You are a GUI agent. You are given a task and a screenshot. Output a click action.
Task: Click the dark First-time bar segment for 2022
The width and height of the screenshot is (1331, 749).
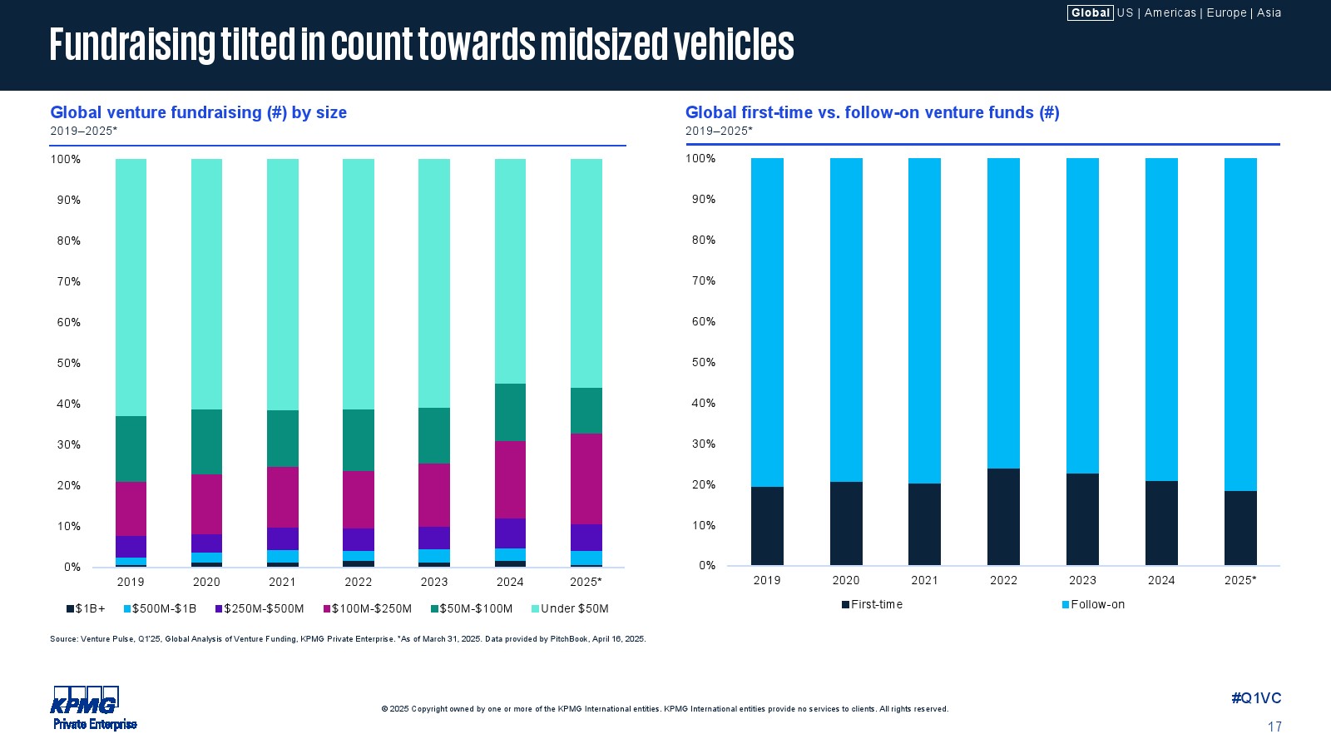pyautogui.click(x=1003, y=517)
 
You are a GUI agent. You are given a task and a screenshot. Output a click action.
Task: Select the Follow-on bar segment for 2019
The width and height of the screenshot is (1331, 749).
pyautogui.click(x=767, y=322)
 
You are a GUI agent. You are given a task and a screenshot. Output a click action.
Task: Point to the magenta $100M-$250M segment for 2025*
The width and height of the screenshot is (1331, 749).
pyautogui.click(x=586, y=479)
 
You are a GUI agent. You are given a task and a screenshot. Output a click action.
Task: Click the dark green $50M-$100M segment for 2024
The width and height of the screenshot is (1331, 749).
pyautogui.click(x=510, y=412)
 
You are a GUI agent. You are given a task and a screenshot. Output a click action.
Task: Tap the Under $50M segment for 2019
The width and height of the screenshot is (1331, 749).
pyautogui.click(x=131, y=287)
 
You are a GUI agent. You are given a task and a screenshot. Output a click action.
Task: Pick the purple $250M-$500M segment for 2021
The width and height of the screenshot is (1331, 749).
pyautogui.click(x=282, y=538)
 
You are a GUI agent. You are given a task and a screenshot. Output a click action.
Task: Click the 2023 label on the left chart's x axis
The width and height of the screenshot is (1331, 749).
pyautogui.click(x=434, y=582)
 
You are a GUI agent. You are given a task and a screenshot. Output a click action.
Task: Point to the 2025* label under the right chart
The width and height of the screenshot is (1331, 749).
pyautogui.click(x=1240, y=580)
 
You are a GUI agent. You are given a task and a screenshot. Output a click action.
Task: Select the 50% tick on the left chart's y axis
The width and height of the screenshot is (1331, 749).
pyautogui.click(x=69, y=363)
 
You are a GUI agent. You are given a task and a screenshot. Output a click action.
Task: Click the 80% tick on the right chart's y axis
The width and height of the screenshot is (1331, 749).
pyautogui.click(x=704, y=240)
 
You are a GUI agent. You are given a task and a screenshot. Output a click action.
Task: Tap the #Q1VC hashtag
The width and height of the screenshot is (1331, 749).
pyautogui.click(x=1256, y=698)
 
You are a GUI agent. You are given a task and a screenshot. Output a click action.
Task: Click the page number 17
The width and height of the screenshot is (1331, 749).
pyautogui.click(x=1274, y=727)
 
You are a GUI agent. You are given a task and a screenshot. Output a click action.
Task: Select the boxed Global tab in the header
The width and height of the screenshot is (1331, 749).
pyautogui.click(x=1090, y=12)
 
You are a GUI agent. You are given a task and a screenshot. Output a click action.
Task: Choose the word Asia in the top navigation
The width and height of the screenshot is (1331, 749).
pyautogui.click(x=1269, y=12)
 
